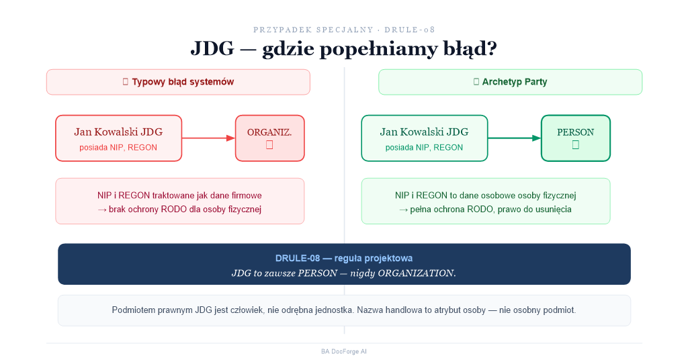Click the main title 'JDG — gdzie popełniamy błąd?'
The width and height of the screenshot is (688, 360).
click(x=343, y=48)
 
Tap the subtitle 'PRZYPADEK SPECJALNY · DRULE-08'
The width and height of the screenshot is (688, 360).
click(x=344, y=30)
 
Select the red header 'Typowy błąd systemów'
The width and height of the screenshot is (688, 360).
click(x=178, y=82)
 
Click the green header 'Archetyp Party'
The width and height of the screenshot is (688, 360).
click(x=511, y=82)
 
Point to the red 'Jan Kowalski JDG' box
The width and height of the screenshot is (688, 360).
click(x=118, y=138)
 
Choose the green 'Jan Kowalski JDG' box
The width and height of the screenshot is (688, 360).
click(x=425, y=138)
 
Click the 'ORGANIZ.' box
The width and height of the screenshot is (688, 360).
click(x=270, y=138)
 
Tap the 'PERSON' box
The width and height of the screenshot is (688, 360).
click(x=576, y=138)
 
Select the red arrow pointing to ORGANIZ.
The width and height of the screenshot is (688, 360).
click(x=208, y=138)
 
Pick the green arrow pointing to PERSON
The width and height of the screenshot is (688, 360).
click(x=514, y=138)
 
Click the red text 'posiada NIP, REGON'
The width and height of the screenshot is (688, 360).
click(x=118, y=148)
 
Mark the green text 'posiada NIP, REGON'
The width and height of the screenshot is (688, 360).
click(x=424, y=148)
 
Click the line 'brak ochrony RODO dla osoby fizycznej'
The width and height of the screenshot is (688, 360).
click(x=185, y=209)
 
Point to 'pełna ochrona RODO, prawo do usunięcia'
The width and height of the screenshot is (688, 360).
click(x=490, y=209)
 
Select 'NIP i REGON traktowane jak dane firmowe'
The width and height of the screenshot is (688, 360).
click(x=179, y=195)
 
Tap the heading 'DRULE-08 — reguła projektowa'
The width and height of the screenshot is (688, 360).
click(x=344, y=259)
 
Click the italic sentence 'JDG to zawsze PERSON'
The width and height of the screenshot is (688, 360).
click(x=284, y=273)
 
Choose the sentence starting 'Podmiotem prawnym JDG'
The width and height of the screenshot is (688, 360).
click(x=344, y=310)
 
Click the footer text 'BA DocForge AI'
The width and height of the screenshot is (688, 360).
click(x=344, y=351)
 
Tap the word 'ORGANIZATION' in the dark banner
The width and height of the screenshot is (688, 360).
click(x=416, y=273)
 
